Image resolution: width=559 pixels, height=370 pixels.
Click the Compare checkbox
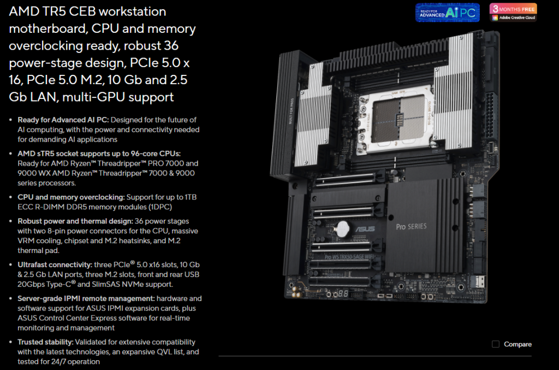tap(496, 344)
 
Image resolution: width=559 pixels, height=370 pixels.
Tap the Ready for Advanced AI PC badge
tap(448, 13)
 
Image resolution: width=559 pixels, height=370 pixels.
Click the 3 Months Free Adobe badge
tap(513, 13)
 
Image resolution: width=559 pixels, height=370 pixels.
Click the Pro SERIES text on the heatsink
tap(411, 227)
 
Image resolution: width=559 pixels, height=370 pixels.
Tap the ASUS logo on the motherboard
tap(365, 228)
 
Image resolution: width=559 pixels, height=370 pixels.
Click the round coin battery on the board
tap(342, 228)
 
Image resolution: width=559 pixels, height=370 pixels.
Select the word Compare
tap(518, 344)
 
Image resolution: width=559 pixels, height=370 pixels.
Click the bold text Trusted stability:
tap(46, 342)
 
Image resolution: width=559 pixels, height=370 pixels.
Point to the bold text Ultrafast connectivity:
tap(55, 265)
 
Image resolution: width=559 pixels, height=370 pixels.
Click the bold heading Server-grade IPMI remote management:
tap(86, 298)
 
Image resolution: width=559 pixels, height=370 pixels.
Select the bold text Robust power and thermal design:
tap(75, 221)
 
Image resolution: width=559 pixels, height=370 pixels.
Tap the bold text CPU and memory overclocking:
tap(72, 197)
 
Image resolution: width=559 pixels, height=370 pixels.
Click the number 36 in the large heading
tap(171, 46)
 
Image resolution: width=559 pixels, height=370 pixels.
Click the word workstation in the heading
tap(132, 11)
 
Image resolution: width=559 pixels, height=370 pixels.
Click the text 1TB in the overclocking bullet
tap(191, 197)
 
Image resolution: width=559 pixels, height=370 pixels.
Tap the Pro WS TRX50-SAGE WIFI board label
tap(349, 257)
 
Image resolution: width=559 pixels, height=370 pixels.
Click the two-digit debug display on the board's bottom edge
tap(343, 293)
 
